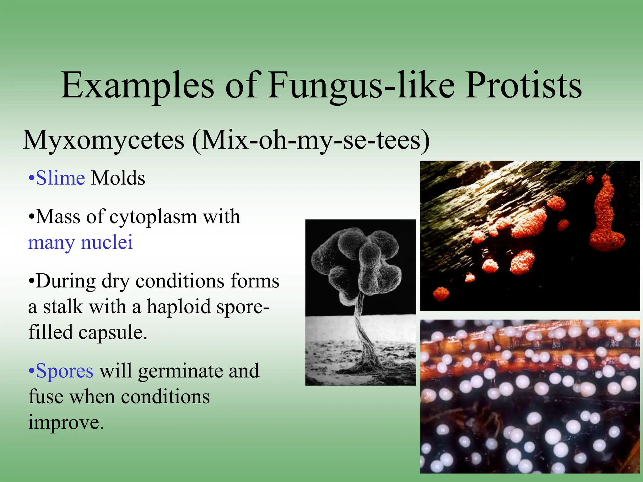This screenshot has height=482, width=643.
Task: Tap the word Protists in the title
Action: click(523, 85)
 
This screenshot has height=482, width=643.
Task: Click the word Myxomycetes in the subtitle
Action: click(104, 140)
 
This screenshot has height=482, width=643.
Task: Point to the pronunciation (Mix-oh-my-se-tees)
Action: click(311, 140)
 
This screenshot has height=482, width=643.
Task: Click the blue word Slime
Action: click(60, 178)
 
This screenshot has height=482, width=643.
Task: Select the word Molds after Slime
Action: click(118, 178)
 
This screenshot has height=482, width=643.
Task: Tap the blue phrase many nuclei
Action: click(80, 243)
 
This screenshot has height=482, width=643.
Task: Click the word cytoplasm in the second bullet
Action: click(153, 217)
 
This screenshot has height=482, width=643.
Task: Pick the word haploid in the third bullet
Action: click(178, 307)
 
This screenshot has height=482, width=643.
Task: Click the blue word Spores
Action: click(64, 371)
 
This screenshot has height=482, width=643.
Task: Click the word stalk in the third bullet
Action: click(63, 307)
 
